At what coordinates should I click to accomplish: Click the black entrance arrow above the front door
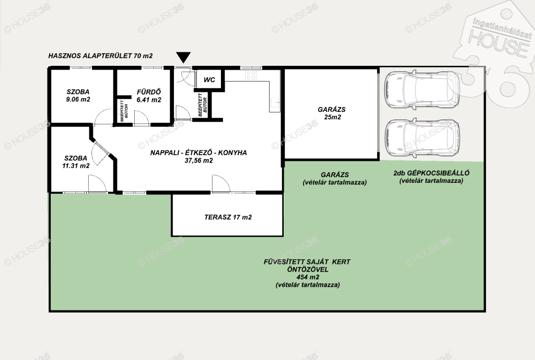(183, 57)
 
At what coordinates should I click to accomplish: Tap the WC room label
(210, 80)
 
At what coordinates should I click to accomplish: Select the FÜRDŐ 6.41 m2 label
(149, 96)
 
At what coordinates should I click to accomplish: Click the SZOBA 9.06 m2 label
(78, 96)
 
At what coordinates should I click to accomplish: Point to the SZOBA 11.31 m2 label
(76, 162)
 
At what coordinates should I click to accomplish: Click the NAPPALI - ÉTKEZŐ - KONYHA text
(199, 153)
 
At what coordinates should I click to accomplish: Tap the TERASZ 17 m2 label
(228, 217)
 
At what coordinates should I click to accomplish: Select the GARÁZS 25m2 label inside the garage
(332, 113)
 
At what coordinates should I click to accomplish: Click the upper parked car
(422, 89)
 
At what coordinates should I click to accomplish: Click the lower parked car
(422, 137)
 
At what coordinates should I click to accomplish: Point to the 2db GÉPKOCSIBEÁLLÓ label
(431, 172)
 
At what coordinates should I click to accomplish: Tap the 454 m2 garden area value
(308, 277)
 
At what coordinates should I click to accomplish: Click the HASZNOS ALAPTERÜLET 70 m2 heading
(100, 55)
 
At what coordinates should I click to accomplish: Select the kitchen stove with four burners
(251, 75)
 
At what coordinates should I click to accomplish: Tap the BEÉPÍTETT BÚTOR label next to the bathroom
(124, 111)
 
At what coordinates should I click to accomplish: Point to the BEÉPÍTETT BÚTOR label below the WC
(203, 104)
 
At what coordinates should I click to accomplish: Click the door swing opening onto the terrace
(221, 183)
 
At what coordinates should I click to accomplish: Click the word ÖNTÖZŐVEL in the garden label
(307, 269)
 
